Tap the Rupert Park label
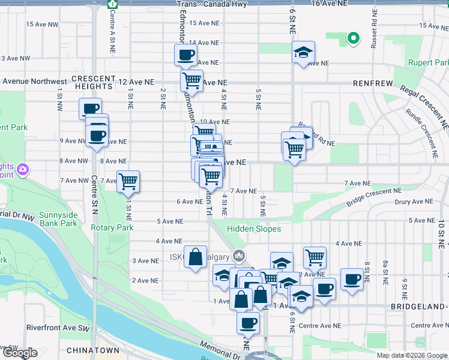[x=429, y=62]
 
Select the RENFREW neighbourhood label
[x=372, y=82]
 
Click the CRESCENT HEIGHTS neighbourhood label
[x=93, y=82]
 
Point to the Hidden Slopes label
[x=254, y=229]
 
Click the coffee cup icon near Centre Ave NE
[x=247, y=323]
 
